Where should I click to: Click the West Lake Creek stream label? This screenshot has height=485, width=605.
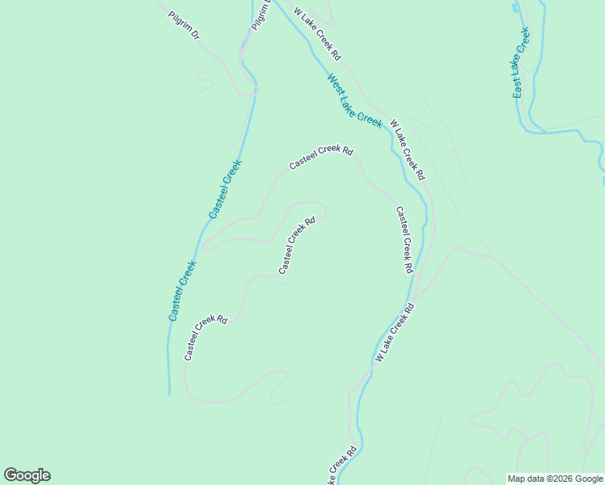(x=354, y=100)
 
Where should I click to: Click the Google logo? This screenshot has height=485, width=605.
(x=27, y=475)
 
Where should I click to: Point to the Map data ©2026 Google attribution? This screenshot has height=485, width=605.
(x=554, y=479)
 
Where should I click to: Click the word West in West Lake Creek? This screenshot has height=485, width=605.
(x=336, y=85)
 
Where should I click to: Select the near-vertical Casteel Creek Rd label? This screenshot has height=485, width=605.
(x=404, y=239)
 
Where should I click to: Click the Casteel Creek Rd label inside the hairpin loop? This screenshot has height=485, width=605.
(x=296, y=245)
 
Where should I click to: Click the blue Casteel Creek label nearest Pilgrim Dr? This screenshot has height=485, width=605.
(x=225, y=189)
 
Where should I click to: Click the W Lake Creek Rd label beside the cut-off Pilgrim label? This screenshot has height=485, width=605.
(x=318, y=35)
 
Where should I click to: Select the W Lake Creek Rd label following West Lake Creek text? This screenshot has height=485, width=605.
(x=407, y=150)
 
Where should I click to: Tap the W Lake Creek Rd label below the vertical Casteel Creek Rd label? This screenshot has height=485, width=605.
(x=395, y=331)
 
